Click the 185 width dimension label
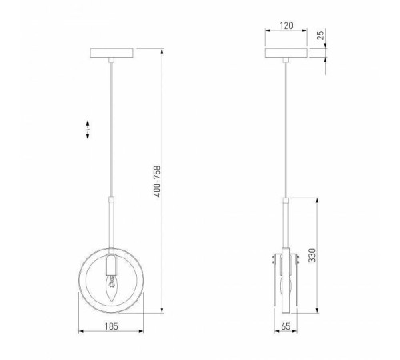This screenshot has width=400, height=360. [111, 326]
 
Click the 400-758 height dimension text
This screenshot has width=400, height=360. [158, 182]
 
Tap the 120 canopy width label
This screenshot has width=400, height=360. [286, 26]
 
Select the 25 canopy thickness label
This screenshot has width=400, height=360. [321, 35]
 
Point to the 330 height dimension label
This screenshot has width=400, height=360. [312, 255]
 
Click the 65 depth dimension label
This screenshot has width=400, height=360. [286, 326]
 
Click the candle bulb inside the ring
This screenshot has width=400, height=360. [111, 289]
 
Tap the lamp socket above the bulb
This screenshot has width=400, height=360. [111, 265]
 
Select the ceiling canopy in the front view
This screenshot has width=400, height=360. [112, 53]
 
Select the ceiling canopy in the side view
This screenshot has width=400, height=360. [286, 53]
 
